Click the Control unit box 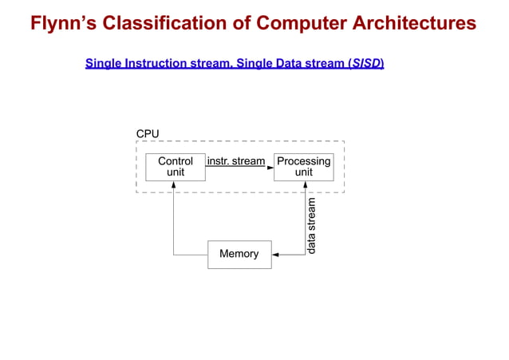coord(175,166)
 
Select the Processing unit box coord(303,166)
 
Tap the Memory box coord(239,254)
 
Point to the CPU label coord(148,133)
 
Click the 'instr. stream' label coord(235,161)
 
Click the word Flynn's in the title coord(64,22)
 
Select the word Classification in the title coord(167,22)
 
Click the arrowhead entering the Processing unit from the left coord(270,167)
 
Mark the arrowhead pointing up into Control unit coord(173,185)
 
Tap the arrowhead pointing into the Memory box coord(275,255)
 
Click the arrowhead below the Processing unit coord(303,185)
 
